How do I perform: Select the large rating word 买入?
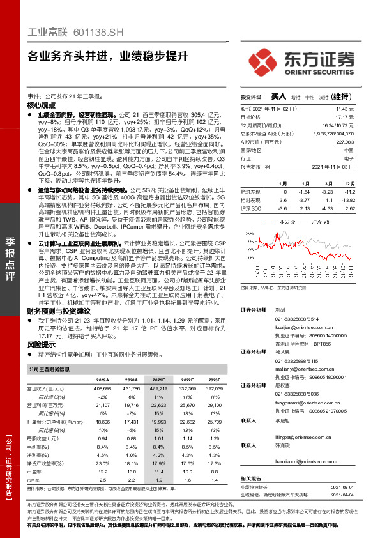point(278,96)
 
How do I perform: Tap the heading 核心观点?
point(42,104)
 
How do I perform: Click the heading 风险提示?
point(42,344)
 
